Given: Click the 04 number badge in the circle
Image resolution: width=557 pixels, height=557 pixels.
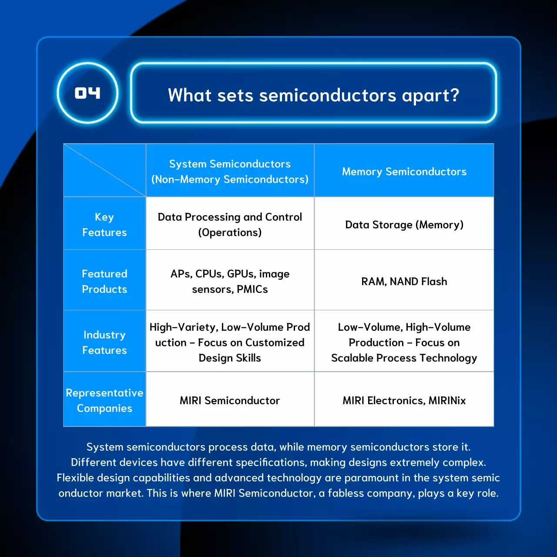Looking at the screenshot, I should (87, 93).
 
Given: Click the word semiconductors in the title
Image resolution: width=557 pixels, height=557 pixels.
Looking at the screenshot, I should (327, 95).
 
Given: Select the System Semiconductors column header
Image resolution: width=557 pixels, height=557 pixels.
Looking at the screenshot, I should (230, 171).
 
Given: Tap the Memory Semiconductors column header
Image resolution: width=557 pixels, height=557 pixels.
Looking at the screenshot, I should (404, 171).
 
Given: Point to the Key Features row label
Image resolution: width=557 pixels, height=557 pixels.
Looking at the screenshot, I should (104, 225).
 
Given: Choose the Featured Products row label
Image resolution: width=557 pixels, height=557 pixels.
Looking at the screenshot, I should (104, 281).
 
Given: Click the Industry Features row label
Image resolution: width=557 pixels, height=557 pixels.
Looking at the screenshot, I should (104, 342).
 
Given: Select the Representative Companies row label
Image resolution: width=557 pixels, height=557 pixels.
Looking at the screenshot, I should (104, 400).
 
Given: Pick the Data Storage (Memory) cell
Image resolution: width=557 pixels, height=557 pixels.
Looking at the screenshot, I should (404, 225).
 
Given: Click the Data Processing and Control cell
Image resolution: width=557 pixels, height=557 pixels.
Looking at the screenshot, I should (230, 225).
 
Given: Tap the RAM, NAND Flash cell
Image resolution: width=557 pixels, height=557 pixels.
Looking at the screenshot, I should (404, 282).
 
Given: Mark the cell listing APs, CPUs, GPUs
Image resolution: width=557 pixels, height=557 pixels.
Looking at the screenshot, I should (230, 281).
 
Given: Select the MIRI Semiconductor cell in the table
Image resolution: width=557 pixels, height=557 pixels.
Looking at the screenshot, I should (230, 400).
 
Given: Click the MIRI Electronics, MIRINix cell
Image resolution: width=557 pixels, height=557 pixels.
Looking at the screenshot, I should (404, 400).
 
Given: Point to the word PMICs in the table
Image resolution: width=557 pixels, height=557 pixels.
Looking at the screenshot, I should (252, 289).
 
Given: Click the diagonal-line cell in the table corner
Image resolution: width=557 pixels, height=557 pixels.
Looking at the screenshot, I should (104, 170).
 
